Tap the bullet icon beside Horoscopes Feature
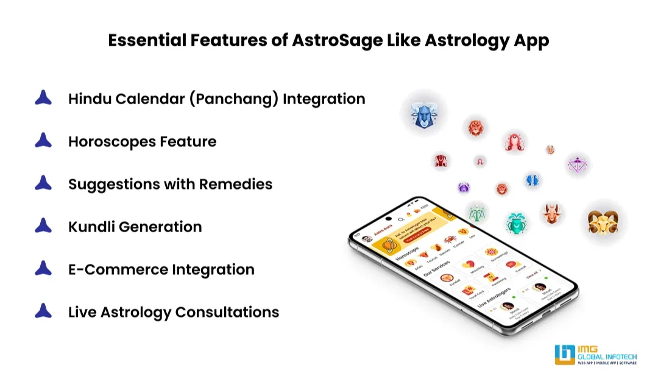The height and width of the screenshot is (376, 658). click(x=43, y=141)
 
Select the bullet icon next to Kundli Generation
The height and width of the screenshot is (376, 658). click(x=43, y=226)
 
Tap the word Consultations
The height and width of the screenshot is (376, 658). click(x=227, y=312)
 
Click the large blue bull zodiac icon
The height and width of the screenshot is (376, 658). click(x=423, y=115)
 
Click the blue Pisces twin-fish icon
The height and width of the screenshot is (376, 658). click(x=532, y=180)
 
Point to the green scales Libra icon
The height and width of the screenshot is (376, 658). click(x=477, y=213)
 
